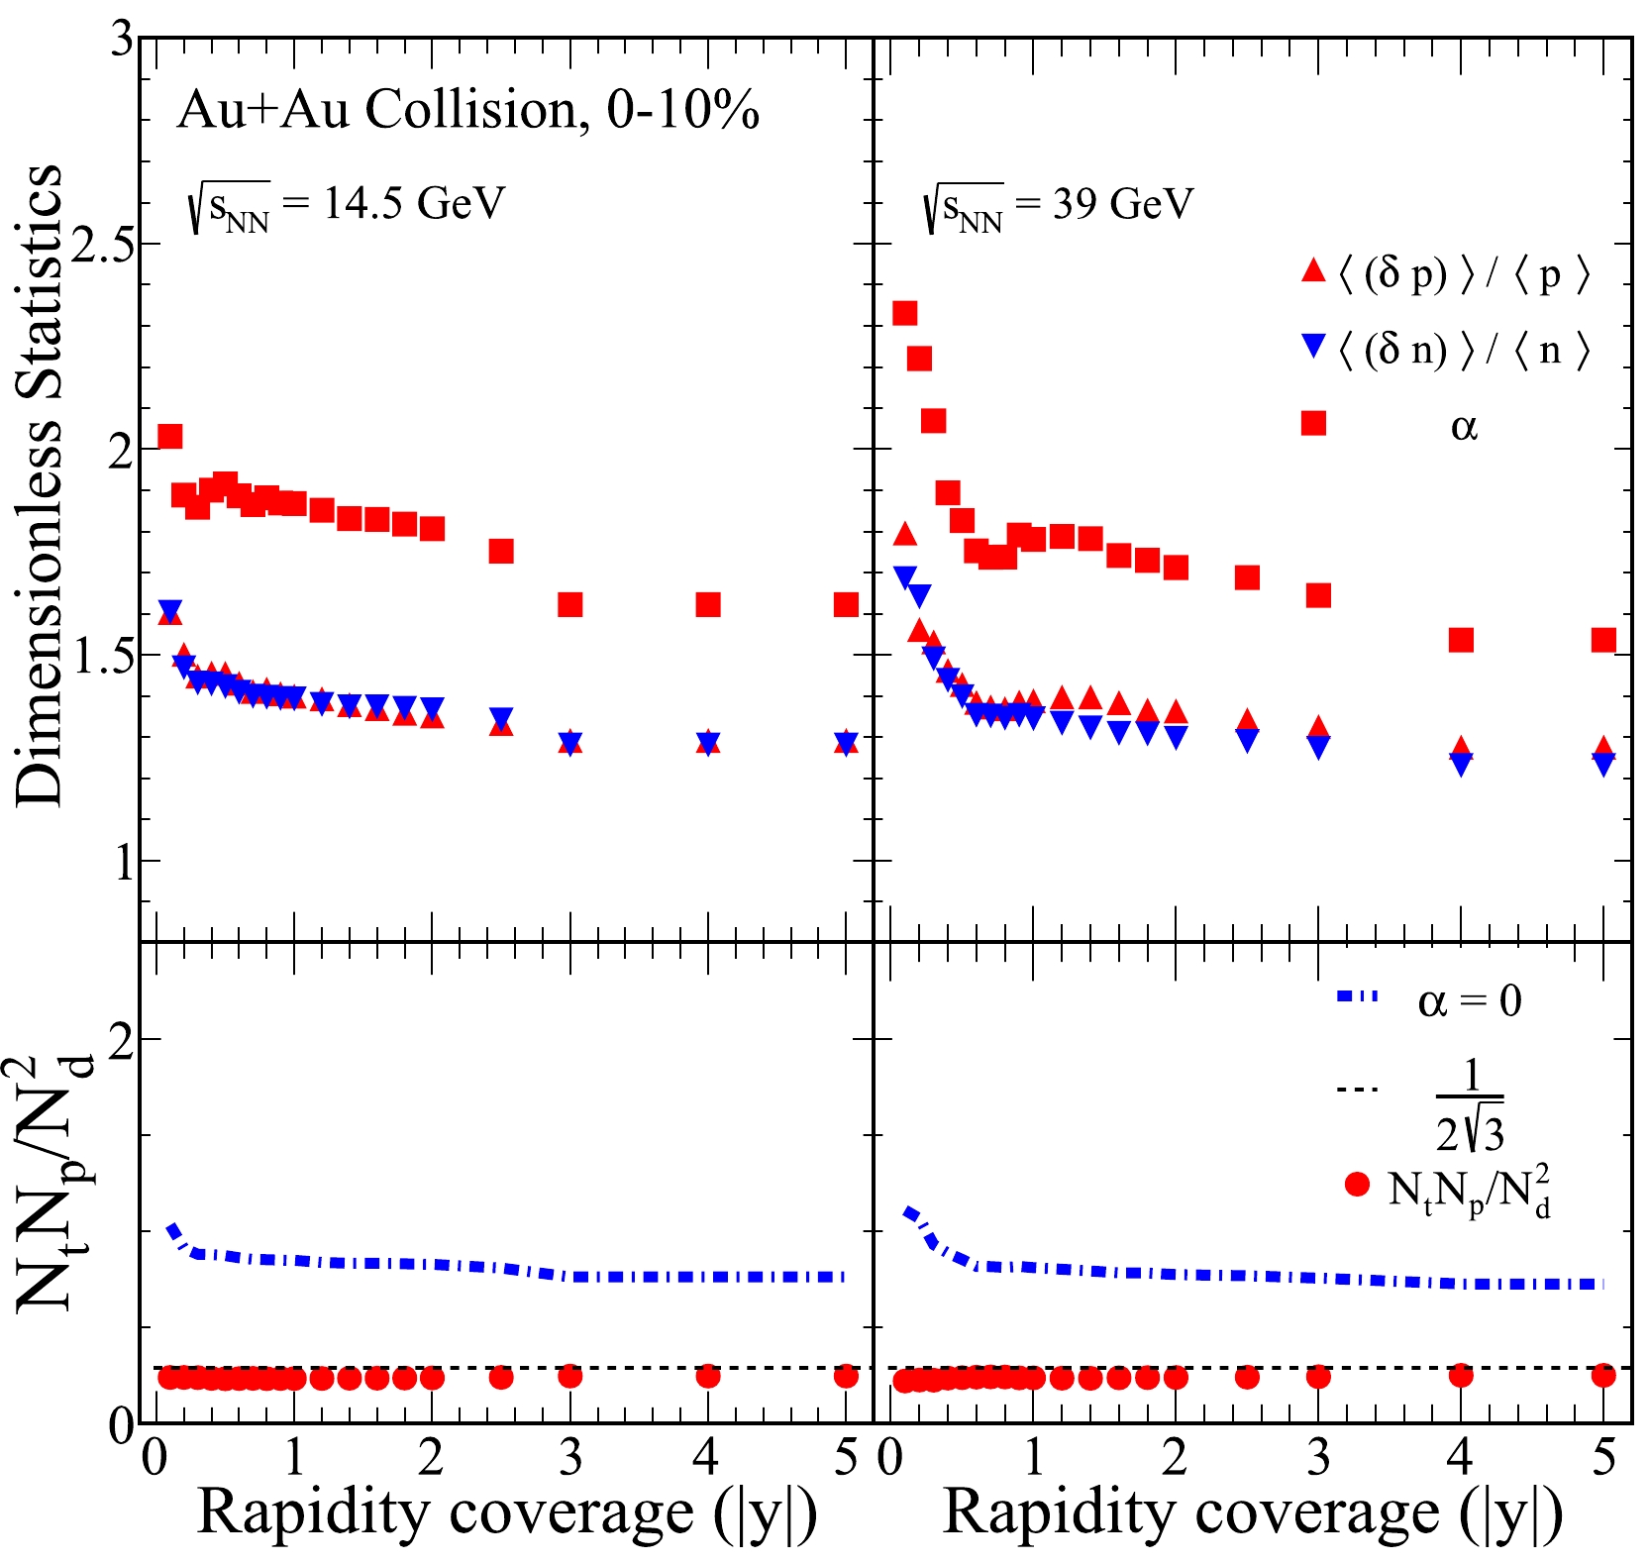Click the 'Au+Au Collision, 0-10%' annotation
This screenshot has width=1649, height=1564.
pos(467,109)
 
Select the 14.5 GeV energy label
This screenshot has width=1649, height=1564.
pos(347,206)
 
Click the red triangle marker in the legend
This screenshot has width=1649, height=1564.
pos(1313,270)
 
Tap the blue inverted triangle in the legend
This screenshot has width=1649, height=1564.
pos(1313,347)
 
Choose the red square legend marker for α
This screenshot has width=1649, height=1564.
pos(1313,423)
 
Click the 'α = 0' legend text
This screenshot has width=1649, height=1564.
pos(1470,1001)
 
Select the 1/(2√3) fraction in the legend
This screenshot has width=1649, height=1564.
pos(1470,1103)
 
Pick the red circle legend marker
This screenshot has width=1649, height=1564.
pos(1358,1184)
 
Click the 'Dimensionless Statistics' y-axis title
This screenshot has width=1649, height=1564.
pos(40,485)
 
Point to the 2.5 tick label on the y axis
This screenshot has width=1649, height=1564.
pos(103,245)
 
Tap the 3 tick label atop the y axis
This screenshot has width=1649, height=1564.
pos(122,42)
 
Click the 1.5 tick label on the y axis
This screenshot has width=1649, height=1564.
pos(103,655)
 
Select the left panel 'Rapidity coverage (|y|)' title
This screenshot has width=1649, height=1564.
pos(507,1513)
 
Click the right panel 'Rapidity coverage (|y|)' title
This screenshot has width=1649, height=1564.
pos(1253,1513)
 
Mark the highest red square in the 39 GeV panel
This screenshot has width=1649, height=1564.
pos(904,314)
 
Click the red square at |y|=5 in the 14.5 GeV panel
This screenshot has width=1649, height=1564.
pos(846,604)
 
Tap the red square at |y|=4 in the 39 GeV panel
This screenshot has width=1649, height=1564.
pos(1461,640)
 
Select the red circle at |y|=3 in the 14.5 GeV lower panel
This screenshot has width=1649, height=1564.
pos(569,1376)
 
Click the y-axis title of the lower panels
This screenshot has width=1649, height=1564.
pos(50,1184)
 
